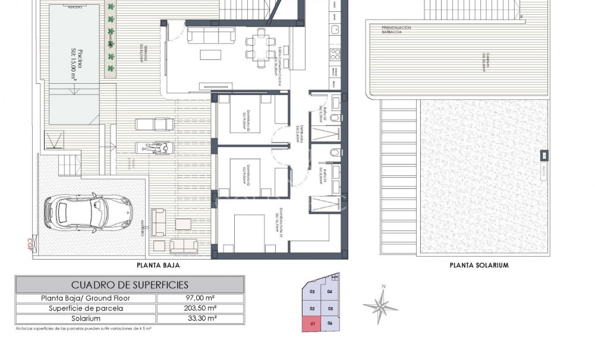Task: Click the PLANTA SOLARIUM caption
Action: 479,266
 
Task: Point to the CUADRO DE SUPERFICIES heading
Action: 130,285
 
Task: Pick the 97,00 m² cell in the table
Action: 200,298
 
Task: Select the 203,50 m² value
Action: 200,308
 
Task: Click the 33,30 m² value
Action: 200,318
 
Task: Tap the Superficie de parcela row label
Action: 86,308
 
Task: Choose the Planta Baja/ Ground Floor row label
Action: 86,298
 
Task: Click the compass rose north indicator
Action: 381,305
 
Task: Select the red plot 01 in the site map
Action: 312,324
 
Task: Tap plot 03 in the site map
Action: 312,291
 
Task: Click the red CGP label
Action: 30,244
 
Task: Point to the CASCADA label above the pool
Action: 74,8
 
